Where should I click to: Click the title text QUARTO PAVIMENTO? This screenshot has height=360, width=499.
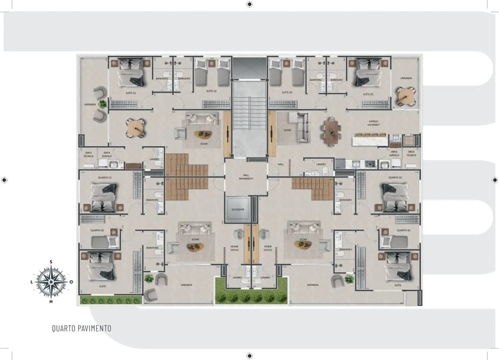coord(81,329)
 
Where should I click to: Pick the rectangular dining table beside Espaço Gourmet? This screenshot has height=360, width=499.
coord(331,131)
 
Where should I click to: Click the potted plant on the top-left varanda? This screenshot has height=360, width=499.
coord(103,104)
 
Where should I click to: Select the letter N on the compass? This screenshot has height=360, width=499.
coord(51,301)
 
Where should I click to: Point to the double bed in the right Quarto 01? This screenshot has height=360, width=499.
coord(396,197)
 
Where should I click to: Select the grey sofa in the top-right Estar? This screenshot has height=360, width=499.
coord(301,127)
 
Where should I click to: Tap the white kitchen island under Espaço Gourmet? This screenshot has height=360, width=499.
coord(370,141)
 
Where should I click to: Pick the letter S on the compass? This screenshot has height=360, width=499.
coord(51,262)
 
